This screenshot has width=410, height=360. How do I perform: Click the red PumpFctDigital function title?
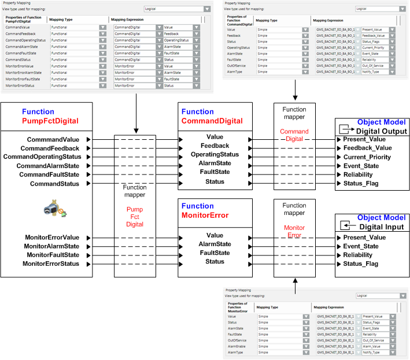coord(50,121)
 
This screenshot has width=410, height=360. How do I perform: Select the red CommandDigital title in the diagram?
coord(212,121)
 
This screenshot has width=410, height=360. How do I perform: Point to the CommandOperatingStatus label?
coord(42,157)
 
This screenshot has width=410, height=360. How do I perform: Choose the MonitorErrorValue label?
coord(51,237)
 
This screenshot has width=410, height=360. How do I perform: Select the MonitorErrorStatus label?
coord(51,263)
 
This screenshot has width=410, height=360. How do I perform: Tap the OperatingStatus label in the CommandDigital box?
coord(215,154)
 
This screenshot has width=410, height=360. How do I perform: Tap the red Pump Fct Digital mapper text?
coord(134,216)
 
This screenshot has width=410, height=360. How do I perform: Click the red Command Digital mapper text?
coord(294,135)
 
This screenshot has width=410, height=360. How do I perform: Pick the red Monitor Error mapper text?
coord(294,231)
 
